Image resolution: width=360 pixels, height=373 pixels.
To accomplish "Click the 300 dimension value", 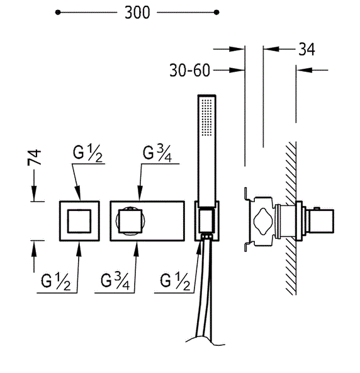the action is [x=137, y=13].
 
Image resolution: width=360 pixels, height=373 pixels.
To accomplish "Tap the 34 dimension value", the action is [x=307, y=50].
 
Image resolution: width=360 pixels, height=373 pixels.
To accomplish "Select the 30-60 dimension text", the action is [x=190, y=71].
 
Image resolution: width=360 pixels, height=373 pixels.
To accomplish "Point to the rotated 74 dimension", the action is [x=34, y=158].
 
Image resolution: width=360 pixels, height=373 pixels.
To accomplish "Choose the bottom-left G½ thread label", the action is [x=56, y=282].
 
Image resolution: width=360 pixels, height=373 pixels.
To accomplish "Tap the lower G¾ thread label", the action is [x=115, y=282].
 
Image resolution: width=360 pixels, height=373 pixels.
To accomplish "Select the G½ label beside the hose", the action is [x=175, y=282].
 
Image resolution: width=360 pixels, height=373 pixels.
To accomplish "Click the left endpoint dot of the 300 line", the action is [x=58, y=12].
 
